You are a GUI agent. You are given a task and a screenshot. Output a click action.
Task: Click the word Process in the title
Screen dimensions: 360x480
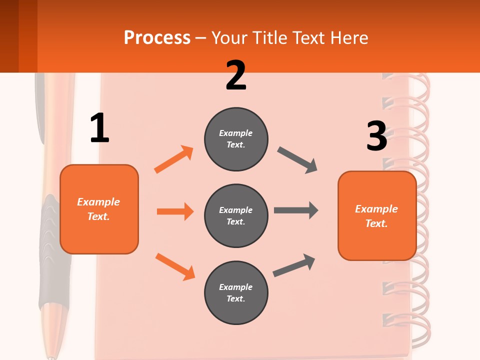(157, 38)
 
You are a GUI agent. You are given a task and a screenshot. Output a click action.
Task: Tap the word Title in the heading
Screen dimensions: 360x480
(270, 38)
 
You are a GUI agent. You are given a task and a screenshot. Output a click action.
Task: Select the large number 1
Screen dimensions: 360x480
(99, 128)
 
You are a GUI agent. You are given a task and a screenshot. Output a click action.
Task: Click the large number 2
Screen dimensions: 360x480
(236, 75)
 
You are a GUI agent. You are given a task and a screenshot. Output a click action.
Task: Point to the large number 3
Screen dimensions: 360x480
(376, 136)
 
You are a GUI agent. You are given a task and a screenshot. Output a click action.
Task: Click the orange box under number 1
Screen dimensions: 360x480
(99, 209)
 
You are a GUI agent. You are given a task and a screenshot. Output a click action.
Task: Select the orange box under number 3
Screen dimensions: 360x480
(377, 216)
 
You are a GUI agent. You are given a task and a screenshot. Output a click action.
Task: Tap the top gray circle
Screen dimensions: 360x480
(236, 139)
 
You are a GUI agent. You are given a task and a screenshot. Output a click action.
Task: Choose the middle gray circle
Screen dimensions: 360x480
(236, 216)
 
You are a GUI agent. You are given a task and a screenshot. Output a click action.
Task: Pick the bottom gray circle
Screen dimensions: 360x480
(236, 293)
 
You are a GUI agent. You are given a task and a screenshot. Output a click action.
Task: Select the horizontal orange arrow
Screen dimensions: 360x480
(175, 211)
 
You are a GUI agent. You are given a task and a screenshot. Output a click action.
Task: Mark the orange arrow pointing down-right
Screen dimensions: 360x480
(175, 266)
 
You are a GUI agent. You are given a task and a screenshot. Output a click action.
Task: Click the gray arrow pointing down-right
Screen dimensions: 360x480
(297, 160)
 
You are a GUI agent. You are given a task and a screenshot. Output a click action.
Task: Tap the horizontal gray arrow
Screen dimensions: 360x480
(296, 210)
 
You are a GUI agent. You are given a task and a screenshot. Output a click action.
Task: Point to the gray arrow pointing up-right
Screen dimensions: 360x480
(294, 265)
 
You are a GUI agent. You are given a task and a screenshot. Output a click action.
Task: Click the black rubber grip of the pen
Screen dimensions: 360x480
(50, 250)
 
